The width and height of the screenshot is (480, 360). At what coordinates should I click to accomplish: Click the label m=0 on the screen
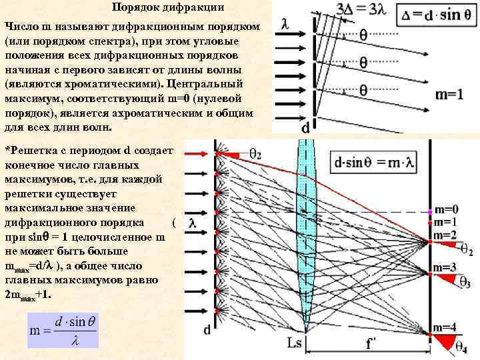445,209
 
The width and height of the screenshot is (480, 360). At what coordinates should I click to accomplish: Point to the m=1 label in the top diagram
449,95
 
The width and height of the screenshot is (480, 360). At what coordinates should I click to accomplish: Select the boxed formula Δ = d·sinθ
437,14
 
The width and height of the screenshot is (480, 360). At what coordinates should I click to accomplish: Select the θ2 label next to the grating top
255,154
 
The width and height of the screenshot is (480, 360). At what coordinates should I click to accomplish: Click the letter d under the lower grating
207,329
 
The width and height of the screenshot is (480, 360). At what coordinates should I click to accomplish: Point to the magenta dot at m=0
429,212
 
